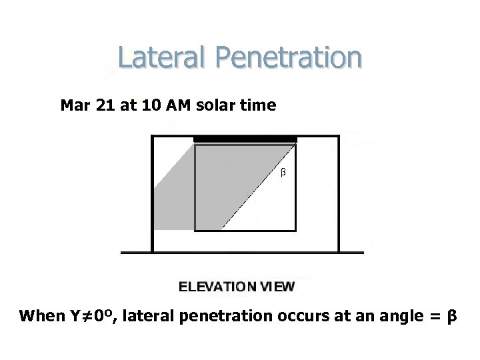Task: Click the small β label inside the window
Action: point(283,173)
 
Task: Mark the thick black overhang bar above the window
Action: point(245,139)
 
